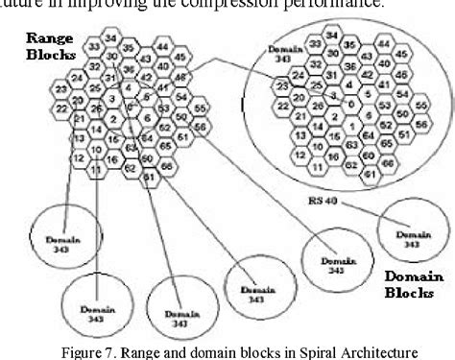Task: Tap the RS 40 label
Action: pyautogui.click(x=329, y=204)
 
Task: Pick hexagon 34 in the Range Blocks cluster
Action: pyautogui.click(x=111, y=37)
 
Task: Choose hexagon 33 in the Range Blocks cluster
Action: pyautogui.click(x=94, y=46)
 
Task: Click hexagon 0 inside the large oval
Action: pyautogui.click(x=350, y=103)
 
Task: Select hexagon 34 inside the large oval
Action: pyautogui.click(x=331, y=36)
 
